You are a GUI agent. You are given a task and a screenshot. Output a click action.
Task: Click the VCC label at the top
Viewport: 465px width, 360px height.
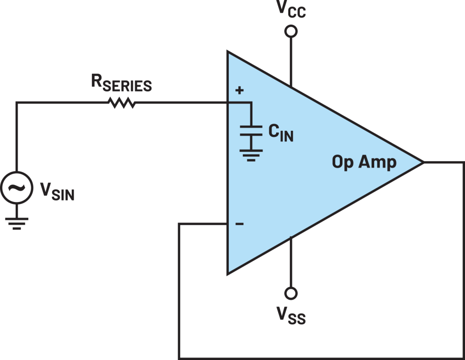coord(291,10)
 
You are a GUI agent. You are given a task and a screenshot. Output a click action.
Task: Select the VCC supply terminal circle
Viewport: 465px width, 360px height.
coord(291,32)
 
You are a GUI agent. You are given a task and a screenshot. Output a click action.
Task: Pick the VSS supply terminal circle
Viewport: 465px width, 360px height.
coord(291,293)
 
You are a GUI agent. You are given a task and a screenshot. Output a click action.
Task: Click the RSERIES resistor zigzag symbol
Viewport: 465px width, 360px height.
coord(122,102)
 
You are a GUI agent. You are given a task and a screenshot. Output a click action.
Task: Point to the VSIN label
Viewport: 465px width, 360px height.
coord(57,191)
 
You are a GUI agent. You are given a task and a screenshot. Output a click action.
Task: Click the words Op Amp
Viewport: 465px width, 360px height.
coord(364,162)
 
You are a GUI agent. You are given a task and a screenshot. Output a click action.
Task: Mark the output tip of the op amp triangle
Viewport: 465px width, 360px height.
coord(422,163)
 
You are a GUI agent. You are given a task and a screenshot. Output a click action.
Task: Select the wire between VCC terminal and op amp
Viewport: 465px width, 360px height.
coord(291,61)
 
